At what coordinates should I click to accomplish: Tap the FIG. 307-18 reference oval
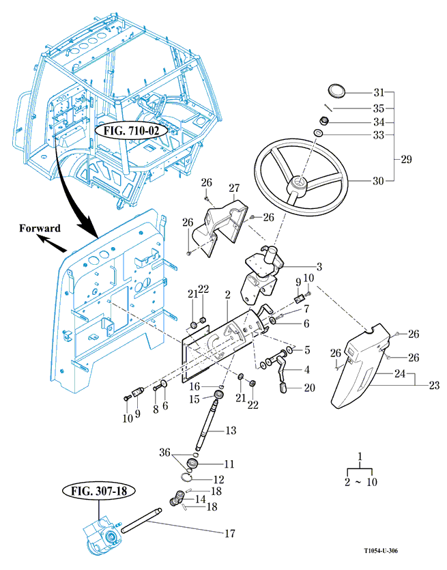click(98, 490)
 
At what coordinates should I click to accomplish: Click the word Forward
click(40, 228)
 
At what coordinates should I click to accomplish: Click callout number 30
click(379, 181)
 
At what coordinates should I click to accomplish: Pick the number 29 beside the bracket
click(407, 160)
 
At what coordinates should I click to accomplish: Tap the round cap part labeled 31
click(336, 91)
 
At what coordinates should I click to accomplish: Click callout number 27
click(234, 188)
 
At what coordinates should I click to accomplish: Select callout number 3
click(319, 266)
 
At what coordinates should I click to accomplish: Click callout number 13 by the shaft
click(231, 431)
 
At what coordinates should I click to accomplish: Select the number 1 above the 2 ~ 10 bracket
click(360, 455)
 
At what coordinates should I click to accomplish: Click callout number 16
click(194, 385)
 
